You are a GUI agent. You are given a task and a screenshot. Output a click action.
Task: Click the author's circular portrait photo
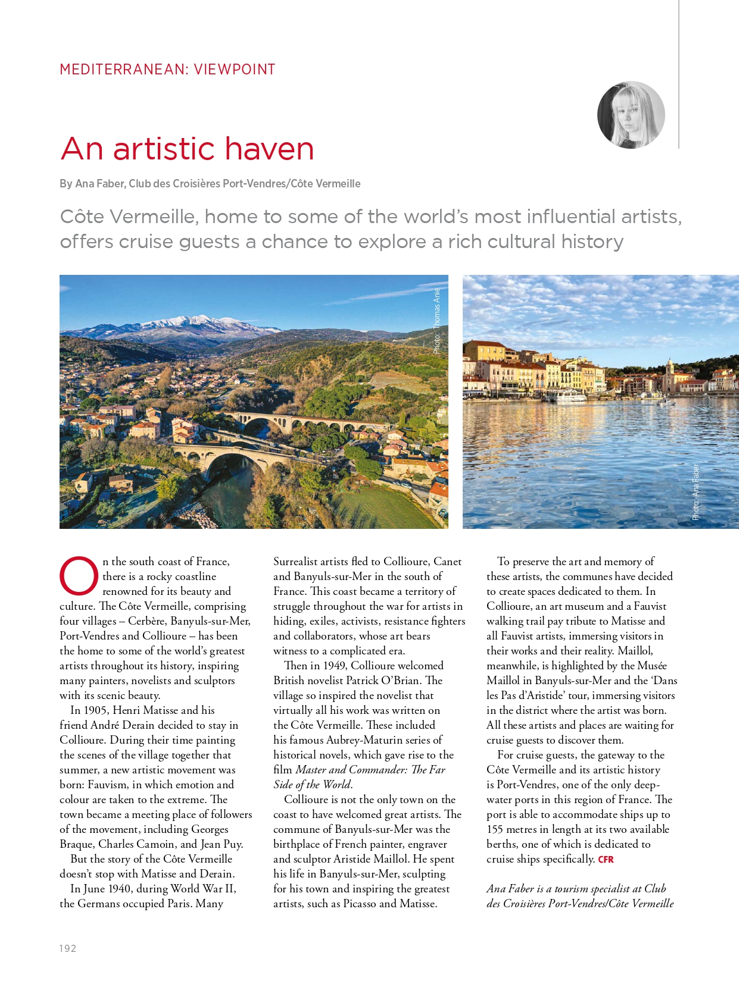tap(631, 115)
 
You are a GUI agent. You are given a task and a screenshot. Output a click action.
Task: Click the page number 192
tap(67, 948)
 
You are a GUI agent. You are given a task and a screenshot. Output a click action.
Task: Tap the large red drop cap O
tap(79, 576)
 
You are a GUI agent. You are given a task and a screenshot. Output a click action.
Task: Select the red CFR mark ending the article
tap(606, 859)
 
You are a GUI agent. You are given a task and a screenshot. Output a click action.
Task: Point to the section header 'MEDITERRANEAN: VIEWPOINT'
tap(167, 70)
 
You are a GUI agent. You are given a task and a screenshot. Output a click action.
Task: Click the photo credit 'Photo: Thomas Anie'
tap(437, 321)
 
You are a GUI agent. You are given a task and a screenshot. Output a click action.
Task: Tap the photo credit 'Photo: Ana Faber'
tap(696, 491)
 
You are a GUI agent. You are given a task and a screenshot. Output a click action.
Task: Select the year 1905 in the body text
tap(95, 710)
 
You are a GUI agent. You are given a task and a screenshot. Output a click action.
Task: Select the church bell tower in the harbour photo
tap(669, 374)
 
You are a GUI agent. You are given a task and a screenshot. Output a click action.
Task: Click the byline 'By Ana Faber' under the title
tap(92, 184)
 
